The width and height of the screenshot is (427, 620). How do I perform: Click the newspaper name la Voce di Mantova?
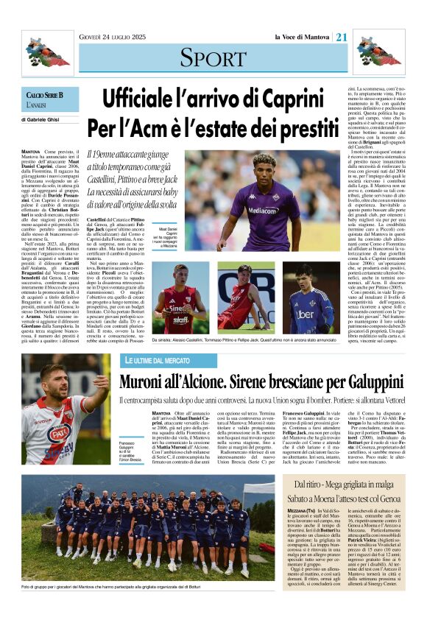coord(303,38)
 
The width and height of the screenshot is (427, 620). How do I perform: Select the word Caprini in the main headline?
coord(264,97)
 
